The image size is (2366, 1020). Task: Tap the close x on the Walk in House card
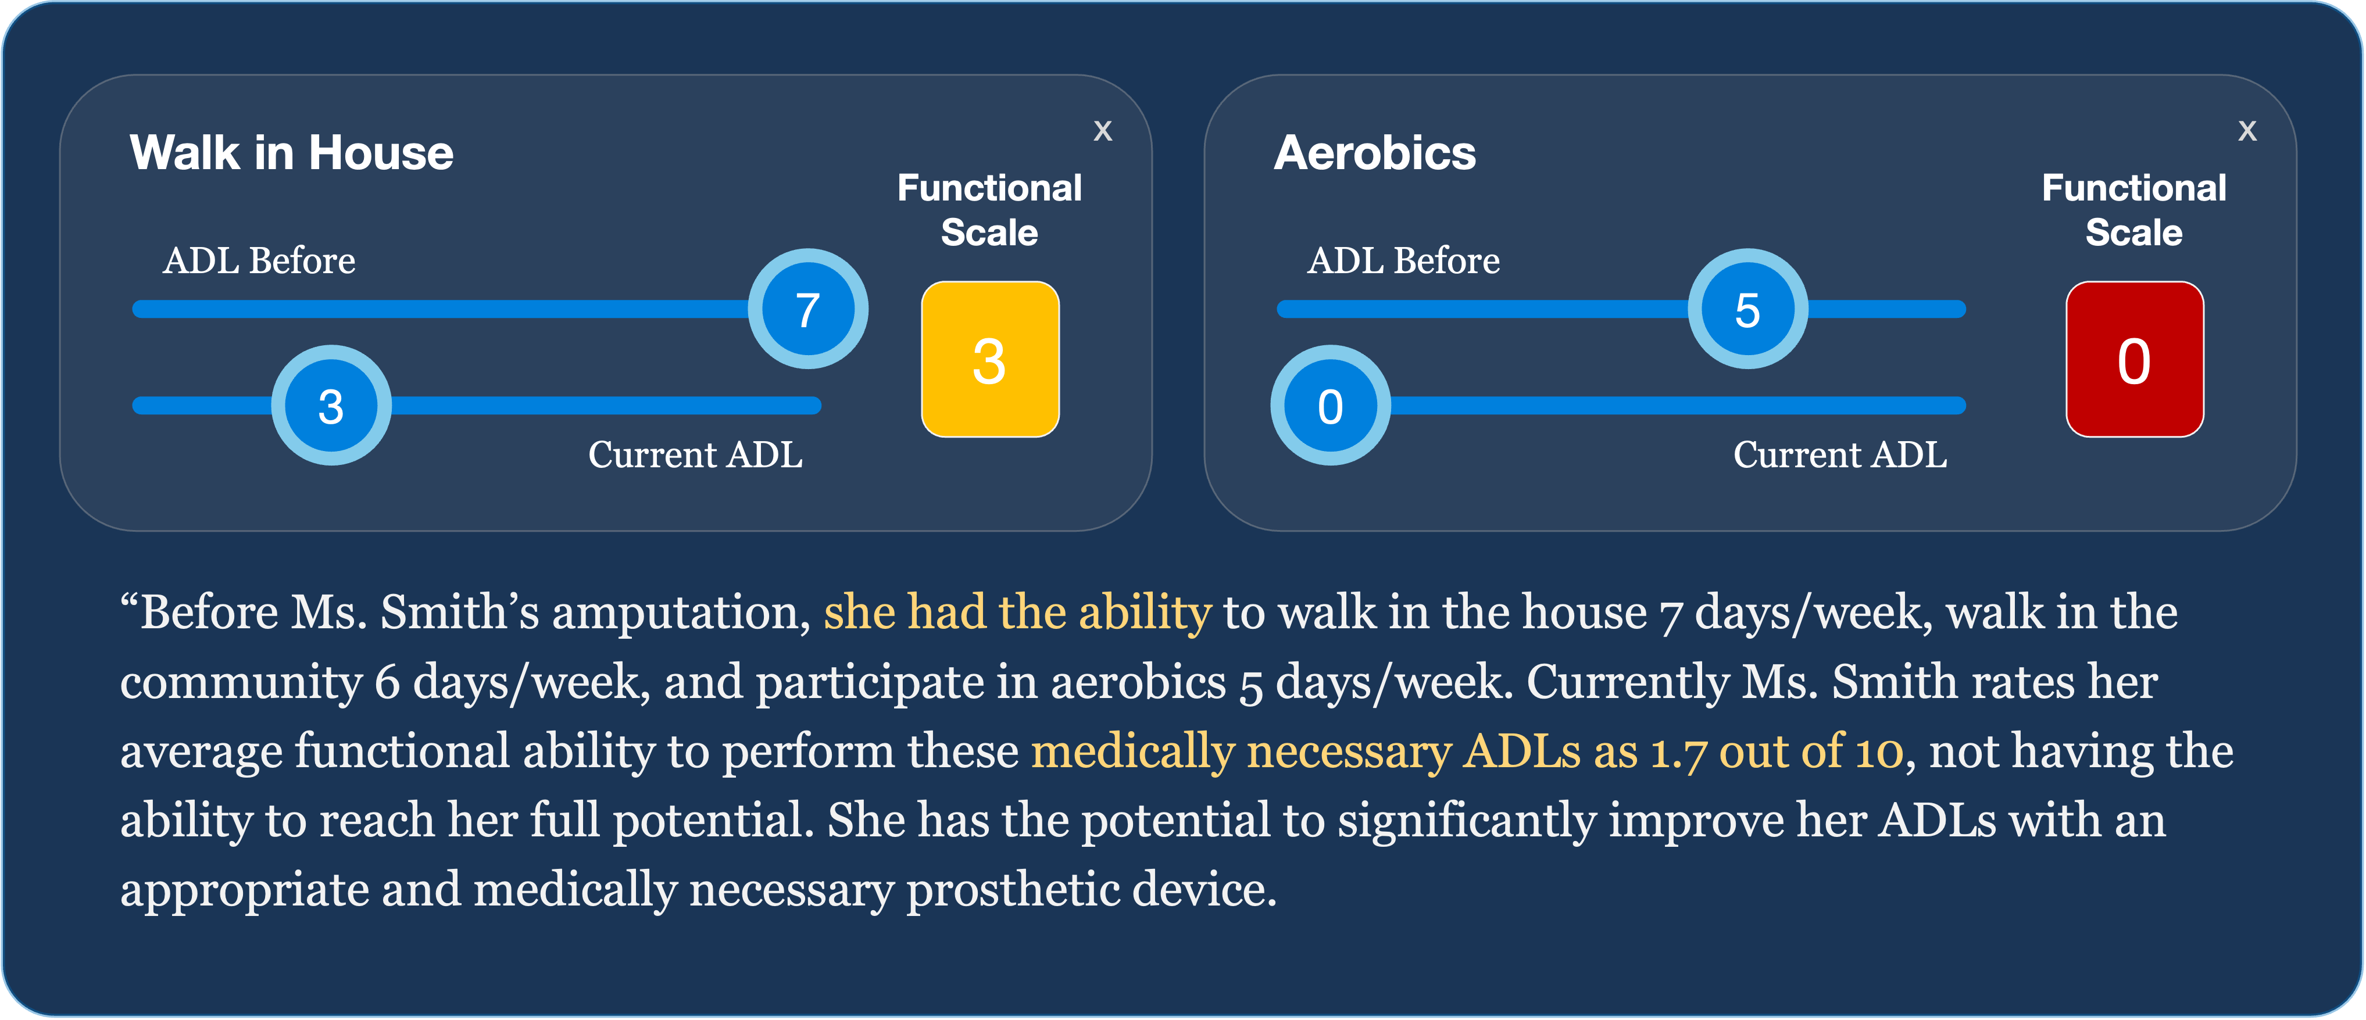[x=1102, y=131]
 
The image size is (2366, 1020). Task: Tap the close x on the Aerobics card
[x=2247, y=131]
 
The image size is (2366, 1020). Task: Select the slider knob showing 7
[x=807, y=309]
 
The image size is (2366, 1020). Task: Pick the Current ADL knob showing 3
[x=331, y=406]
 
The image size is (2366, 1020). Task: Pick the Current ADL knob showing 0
[x=1330, y=406]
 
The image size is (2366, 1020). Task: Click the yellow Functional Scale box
[x=989, y=360]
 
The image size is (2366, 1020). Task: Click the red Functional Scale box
[x=2133, y=360]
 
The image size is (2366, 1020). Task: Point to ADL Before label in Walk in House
[x=259, y=261]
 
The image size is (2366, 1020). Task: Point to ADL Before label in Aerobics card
[x=1403, y=261]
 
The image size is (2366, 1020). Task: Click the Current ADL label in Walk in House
[x=695, y=454]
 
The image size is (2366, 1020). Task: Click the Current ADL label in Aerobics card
[x=1840, y=454]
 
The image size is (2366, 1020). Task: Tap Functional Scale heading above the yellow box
[x=989, y=210]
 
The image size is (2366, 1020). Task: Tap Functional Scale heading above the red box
[x=2133, y=210]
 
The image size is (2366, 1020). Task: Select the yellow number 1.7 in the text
[x=1678, y=752]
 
